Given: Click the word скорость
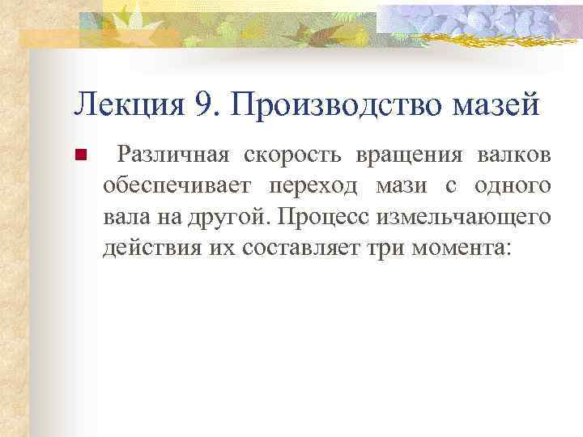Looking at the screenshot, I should (276, 155).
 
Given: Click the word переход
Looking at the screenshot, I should (311, 186).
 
